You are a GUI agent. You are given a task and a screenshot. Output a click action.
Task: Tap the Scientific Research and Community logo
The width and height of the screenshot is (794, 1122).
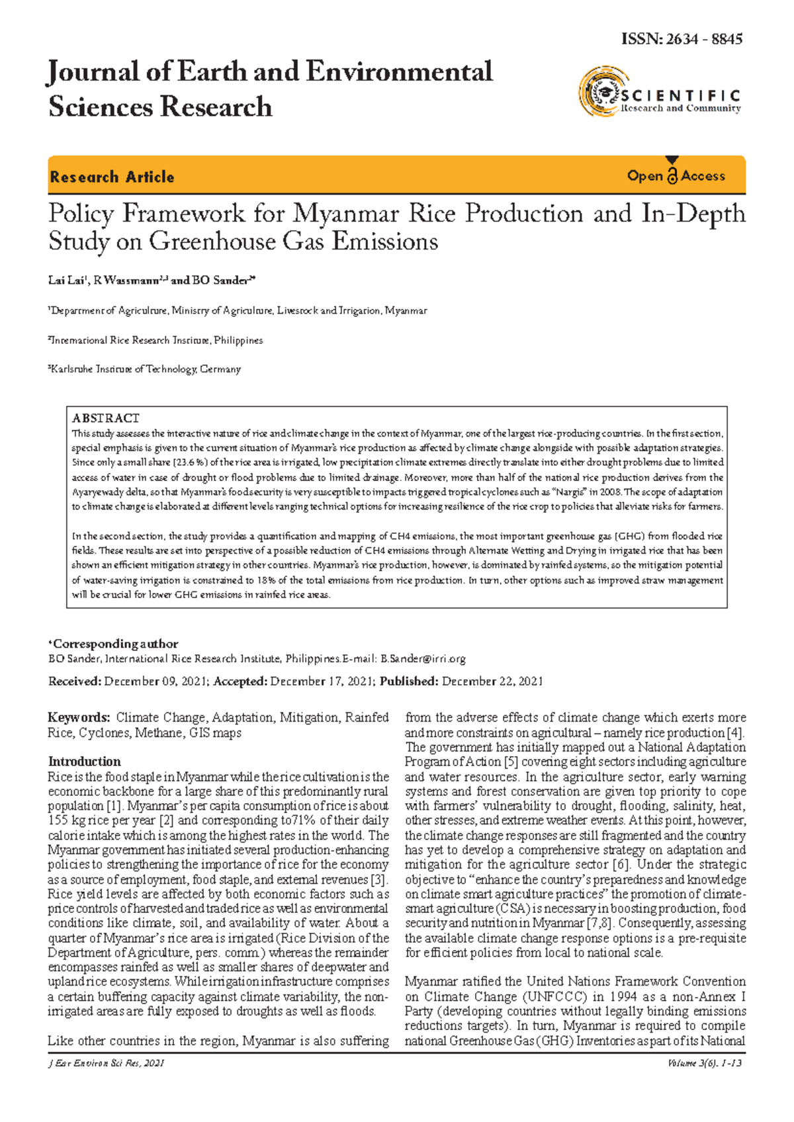coord(659,93)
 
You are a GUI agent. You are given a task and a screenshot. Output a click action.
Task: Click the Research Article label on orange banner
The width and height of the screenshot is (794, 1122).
coord(112,177)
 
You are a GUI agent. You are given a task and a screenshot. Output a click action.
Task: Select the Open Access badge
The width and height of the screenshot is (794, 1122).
coord(676,176)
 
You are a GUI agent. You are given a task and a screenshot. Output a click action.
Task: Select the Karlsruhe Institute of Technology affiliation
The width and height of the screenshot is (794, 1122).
coord(146,369)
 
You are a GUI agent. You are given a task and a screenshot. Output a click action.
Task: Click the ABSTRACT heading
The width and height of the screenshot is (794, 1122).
coord(106,418)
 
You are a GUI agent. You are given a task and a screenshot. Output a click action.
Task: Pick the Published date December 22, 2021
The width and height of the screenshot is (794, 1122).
coord(492,681)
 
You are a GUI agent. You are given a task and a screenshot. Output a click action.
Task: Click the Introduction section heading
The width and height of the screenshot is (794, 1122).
coord(85,761)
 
